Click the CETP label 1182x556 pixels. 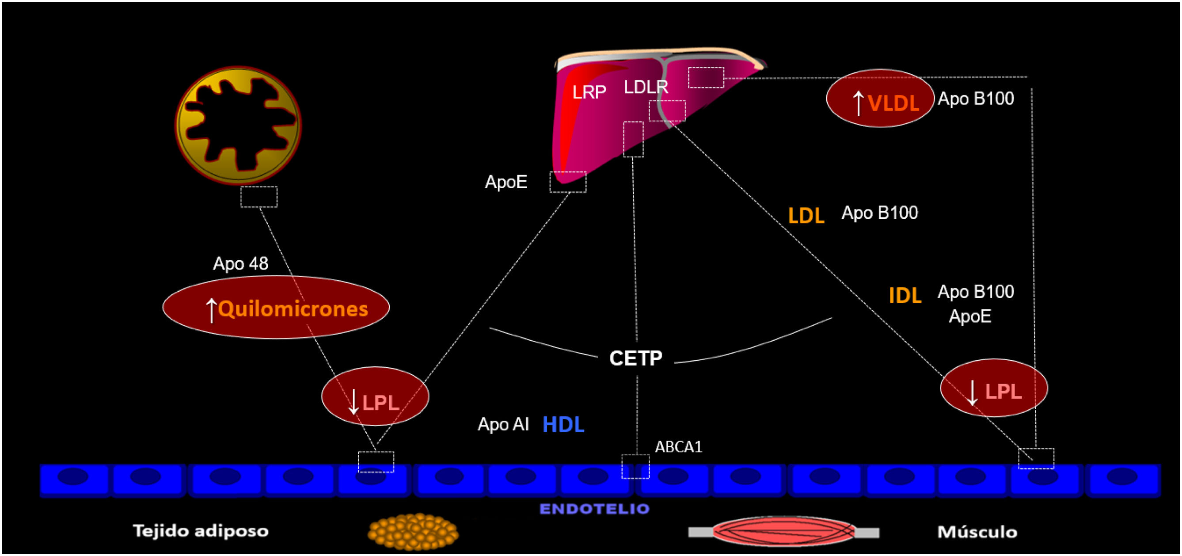(x=635, y=358)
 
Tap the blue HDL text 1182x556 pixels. (x=563, y=425)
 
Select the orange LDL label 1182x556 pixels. (x=806, y=215)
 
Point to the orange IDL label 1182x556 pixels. (x=905, y=295)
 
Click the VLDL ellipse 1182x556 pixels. (x=880, y=98)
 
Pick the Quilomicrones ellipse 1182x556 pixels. (x=276, y=307)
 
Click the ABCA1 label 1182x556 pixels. (x=678, y=447)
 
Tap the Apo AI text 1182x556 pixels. (x=503, y=424)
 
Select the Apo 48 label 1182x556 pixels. (x=240, y=263)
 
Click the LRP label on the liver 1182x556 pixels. (x=589, y=92)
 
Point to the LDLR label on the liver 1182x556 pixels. (x=646, y=87)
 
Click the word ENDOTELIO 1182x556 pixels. (x=594, y=509)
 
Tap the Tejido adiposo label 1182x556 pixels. (x=201, y=531)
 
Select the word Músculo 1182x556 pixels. (x=977, y=532)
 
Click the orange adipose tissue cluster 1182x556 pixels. (x=413, y=532)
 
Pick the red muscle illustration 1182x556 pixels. (x=783, y=532)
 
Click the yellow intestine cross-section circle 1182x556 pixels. (x=238, y=125)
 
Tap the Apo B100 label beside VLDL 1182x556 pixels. (x=976, y=98)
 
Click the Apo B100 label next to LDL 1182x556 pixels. (x=880, y=213)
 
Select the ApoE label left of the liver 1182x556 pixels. (x=505, y=182)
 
